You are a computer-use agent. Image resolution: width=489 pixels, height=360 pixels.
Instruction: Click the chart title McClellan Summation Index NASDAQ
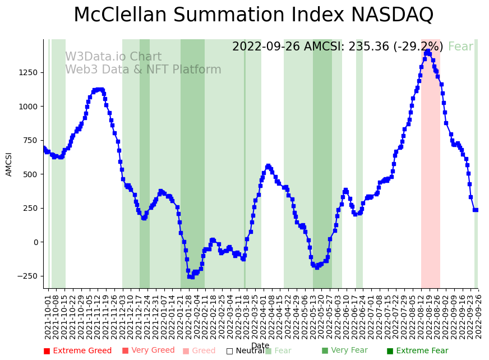[x=253, y=15]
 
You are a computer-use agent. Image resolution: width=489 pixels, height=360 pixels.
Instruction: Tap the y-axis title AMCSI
[x=9, y=164]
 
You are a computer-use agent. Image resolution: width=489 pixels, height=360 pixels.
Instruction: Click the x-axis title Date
[x=260, y=345]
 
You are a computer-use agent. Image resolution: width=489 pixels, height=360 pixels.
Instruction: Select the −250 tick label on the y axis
[x=25, y=276]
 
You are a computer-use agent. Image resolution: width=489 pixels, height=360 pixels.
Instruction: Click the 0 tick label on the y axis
[x=35, y=242]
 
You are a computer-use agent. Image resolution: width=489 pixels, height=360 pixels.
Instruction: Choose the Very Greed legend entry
[x=149, y=350]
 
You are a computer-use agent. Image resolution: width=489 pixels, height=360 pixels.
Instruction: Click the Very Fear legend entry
[x=344, y=350]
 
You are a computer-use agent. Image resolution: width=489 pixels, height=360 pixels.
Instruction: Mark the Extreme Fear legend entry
[x=417, y=351]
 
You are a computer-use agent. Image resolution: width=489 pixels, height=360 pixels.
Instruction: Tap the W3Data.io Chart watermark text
[x=113, y=57]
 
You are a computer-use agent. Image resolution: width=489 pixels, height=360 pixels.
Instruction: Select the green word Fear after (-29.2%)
[x=460, y=47]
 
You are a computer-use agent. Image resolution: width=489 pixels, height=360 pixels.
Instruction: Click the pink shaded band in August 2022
[x=430, y=168]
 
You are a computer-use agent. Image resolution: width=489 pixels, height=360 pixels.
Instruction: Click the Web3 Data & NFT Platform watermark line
[x=143, y=70]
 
